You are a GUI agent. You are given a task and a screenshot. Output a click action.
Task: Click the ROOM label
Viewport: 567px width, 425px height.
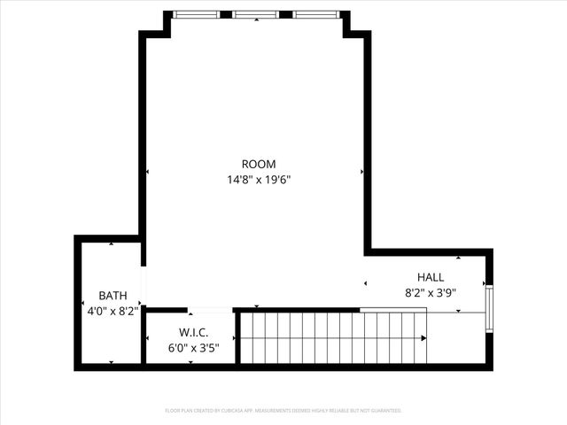pyautogui.click(x=259, y=164)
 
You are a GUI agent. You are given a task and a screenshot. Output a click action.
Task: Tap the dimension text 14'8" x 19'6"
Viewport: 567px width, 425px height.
pyautogui.click(x=259, y=180)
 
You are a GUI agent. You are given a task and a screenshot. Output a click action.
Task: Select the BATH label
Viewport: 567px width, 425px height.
pyautogui.click(x=113, y=296)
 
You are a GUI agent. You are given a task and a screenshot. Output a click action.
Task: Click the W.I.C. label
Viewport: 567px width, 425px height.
pyautogui.click(x=193, y=333)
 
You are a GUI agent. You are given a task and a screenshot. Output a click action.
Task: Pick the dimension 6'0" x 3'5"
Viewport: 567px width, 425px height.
pyautogui.click(x=193, y=348)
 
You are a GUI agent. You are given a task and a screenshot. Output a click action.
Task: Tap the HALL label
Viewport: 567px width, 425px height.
pyautogui.click(x=431, y=277)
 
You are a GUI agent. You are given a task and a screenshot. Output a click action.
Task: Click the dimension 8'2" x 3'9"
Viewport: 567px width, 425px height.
pyautogui.click(x=431, y=292)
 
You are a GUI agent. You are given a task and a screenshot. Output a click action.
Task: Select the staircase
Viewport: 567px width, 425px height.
pyautogui.click(x=332, y=337)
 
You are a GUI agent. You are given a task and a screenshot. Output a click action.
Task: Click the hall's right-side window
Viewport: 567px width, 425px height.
pyautogui.click(x=488, y=308)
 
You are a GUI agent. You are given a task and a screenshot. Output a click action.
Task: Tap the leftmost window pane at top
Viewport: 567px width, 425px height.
pyautogui.click(x=196, y=14)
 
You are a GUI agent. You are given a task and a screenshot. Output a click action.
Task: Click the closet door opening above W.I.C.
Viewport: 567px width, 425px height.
pyautogui.click(x=210, y=310)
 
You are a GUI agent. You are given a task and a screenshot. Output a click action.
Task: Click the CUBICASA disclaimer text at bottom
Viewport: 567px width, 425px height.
pyautogui.click(x=283, y=411)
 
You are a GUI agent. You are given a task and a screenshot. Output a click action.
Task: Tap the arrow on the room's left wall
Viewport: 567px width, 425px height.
pyautogui.click(x=147, y=171)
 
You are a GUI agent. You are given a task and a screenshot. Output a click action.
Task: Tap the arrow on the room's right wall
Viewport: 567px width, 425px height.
pyautogui.click(x=362, y=171)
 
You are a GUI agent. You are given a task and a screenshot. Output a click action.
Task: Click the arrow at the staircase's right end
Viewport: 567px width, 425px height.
pyautogui.click(x=426, y=337)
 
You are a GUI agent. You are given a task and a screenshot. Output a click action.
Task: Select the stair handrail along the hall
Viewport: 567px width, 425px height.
pyautogui.click(x=393, y=310)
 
